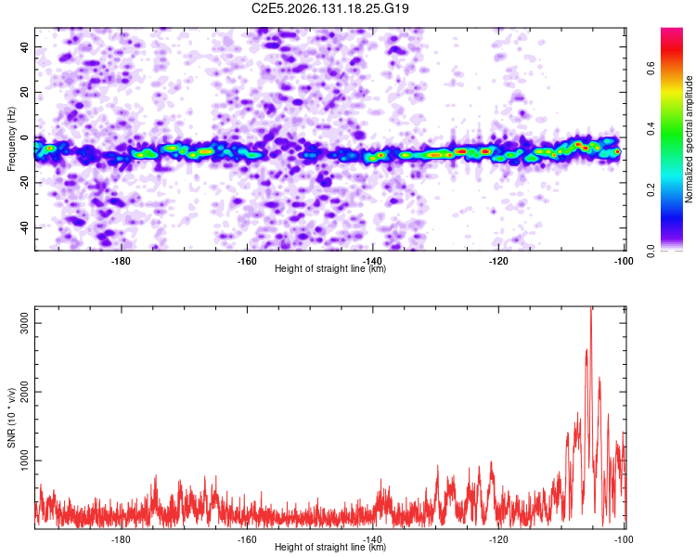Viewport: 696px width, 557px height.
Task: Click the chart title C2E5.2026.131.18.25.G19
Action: [329, 8]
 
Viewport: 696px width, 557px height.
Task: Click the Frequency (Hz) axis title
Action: [11, 139]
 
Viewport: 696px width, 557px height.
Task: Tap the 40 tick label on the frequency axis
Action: [24, 46]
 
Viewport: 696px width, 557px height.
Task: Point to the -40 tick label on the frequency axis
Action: [24, 227]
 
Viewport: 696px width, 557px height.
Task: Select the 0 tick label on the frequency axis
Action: [24, 137]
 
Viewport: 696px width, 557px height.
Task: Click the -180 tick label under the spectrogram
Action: [121, 261]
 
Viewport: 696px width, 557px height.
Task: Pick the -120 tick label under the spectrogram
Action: [498, 261]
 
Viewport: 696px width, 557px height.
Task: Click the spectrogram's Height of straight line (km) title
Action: [330, 268]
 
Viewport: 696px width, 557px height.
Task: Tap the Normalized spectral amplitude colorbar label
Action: [689, 139]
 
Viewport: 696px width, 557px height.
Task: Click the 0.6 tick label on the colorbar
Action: [651, 69]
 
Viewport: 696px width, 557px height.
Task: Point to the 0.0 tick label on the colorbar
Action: [651, 251]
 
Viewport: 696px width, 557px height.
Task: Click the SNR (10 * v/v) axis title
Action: [11, 418]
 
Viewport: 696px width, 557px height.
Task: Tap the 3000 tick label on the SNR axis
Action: [24, 323]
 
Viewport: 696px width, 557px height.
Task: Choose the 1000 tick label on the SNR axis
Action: [24, 460]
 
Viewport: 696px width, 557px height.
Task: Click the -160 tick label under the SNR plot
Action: [247, 539]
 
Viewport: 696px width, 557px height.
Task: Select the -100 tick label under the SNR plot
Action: [624, 539]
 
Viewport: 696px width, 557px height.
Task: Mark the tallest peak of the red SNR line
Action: [591, 307]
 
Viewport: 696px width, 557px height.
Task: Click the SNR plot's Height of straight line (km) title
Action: [330, 547]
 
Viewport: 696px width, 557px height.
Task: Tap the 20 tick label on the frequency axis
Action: [24, 92]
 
